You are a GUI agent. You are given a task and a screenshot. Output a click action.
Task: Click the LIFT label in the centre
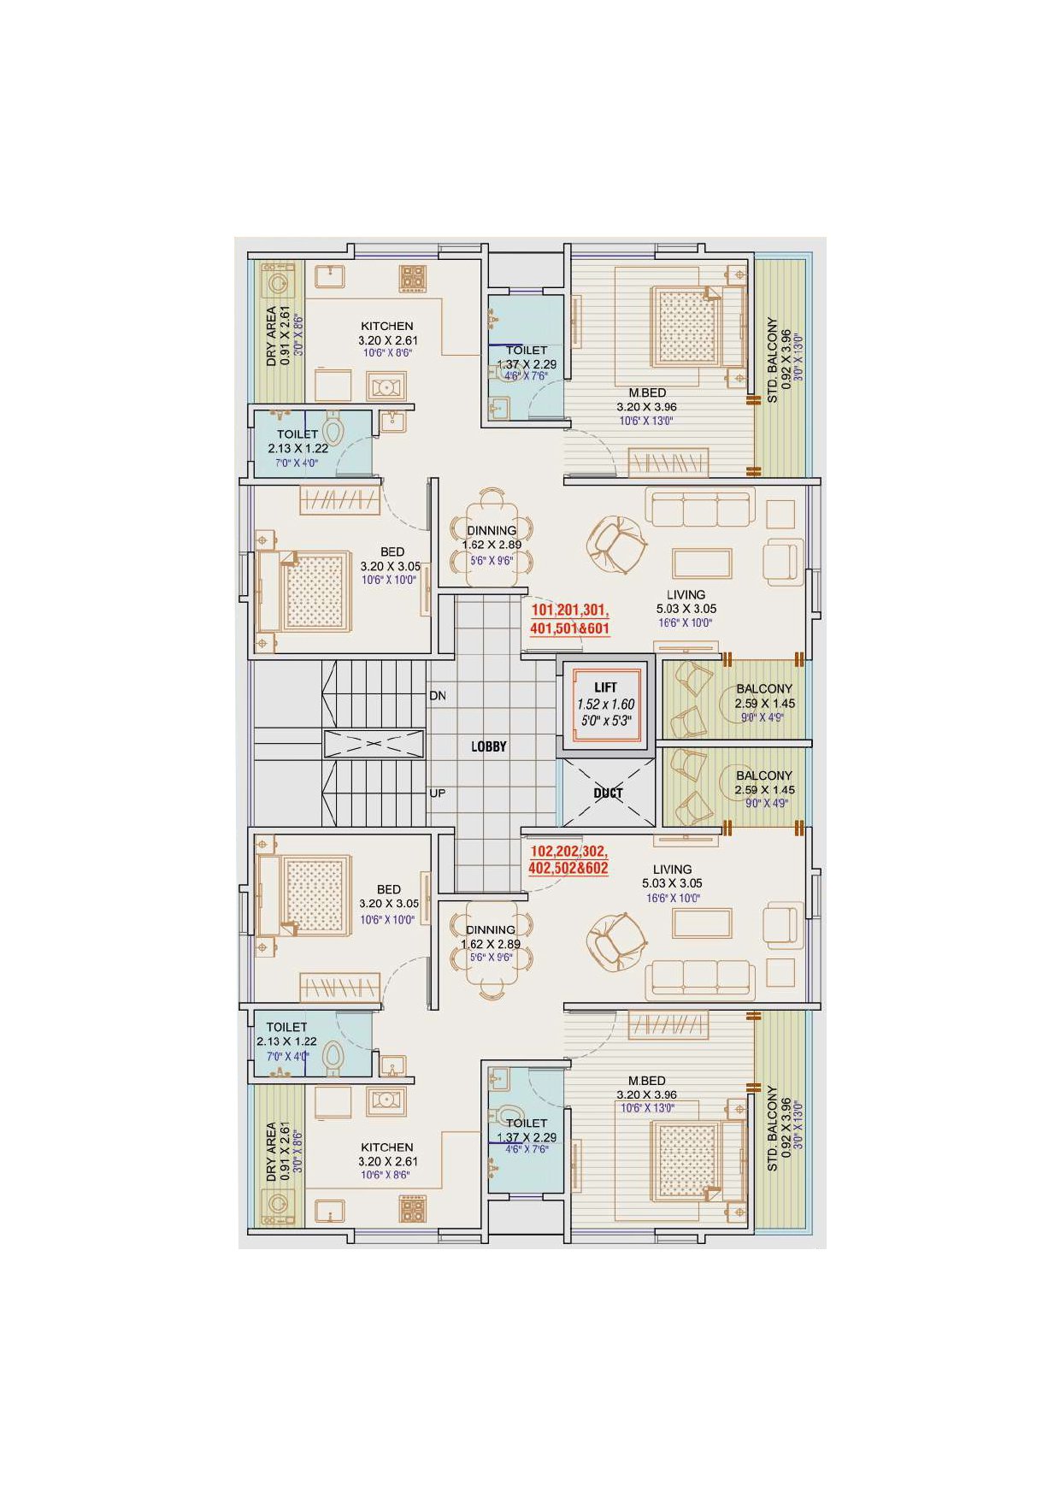tap(605, 687)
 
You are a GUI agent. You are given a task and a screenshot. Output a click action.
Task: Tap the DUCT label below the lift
tap(608, 793)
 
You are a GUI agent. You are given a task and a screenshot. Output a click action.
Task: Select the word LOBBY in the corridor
tap(489, 746)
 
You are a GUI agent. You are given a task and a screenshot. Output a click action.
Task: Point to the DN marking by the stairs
tap(438, 696)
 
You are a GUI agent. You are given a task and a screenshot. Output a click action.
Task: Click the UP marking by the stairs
tap(438, 793)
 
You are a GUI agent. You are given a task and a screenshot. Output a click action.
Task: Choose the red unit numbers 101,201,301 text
tap(569, 610)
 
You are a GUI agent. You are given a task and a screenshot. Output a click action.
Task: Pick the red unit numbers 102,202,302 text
tap(568, 852)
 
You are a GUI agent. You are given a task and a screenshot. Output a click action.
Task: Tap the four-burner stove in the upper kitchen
tap(412, 278)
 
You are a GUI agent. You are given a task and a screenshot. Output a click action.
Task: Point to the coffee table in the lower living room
tap(702, 923)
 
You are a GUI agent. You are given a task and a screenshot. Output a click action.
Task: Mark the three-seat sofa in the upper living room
tap(700, 508)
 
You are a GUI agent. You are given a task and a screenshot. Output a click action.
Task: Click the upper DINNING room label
tap(492, 531)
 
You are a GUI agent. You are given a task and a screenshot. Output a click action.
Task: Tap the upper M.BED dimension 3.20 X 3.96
tap(647, 407)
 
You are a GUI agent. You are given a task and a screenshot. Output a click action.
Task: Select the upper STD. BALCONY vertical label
tap(773, 361)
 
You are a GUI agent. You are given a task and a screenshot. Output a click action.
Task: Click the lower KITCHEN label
tap(387, 1147)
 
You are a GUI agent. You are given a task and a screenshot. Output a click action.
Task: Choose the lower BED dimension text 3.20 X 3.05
tap(389, 904)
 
